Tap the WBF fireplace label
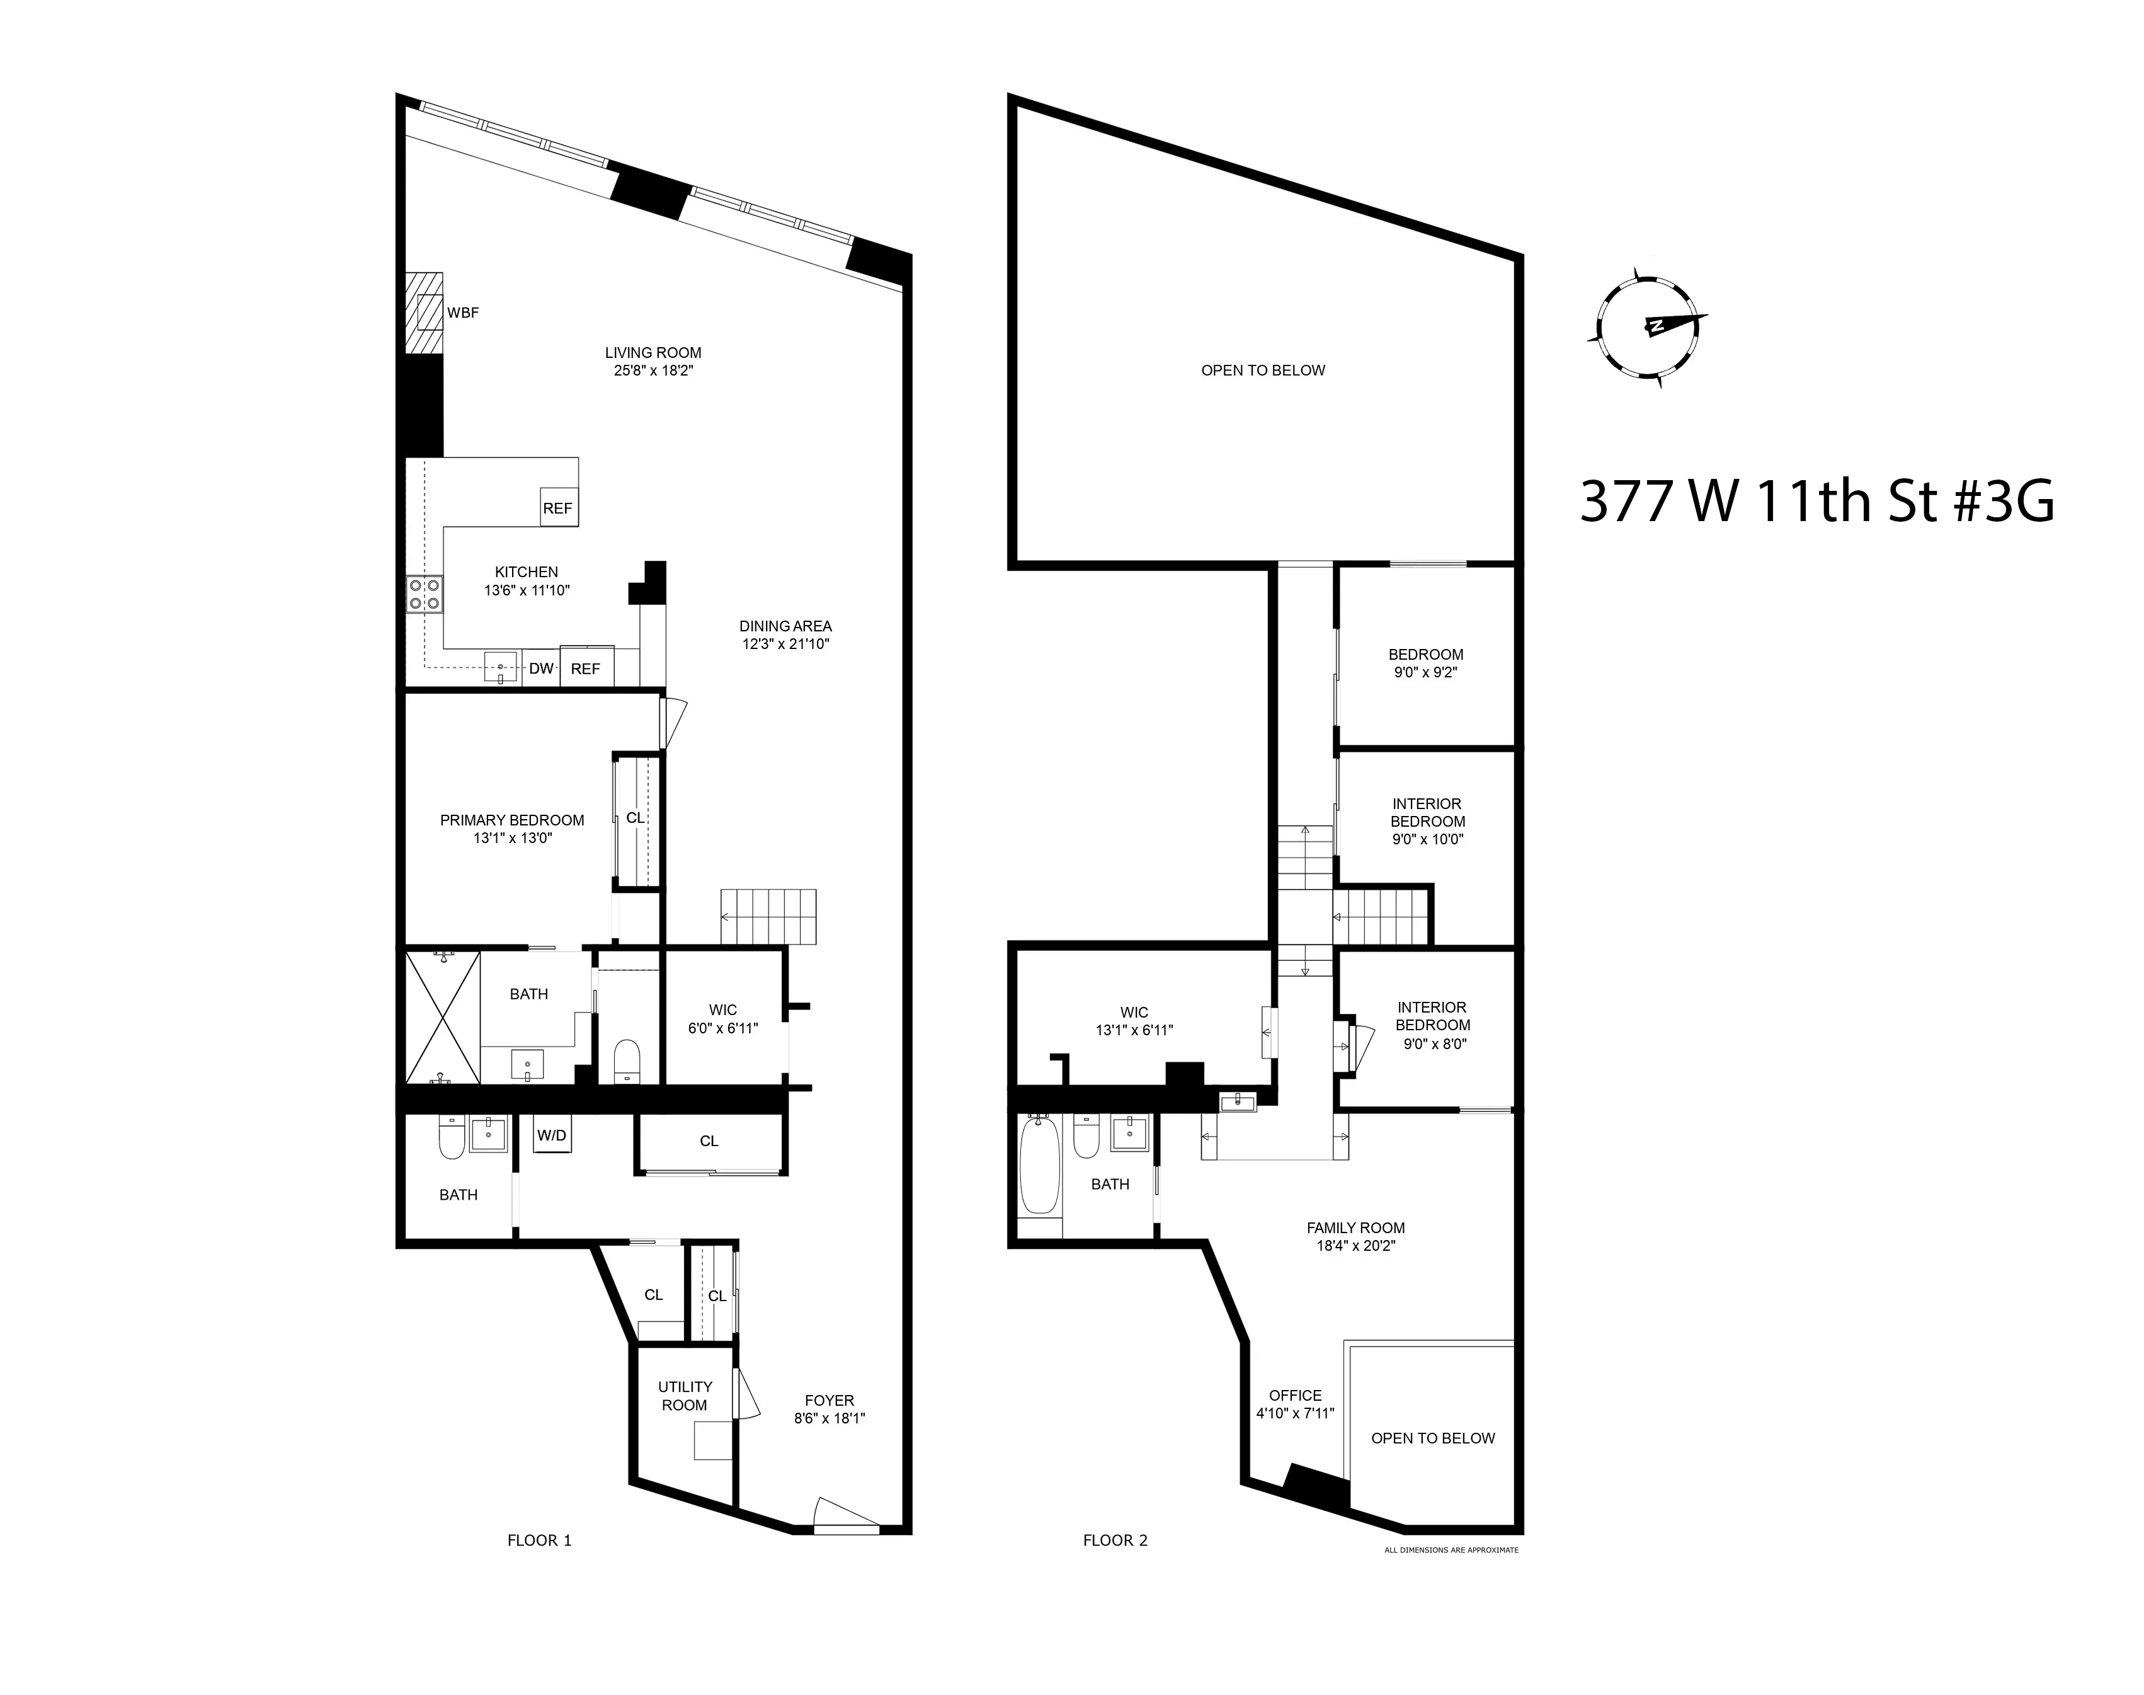click(x=462, y=313)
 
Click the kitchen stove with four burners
click(x=424, y=594)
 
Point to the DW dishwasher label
click(x=540, y=669)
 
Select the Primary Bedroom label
click(x=512, y=820)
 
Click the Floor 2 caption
click(x=1115, y=1540)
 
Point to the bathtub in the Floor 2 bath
click(x=1040, y=1166)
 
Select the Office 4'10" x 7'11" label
click(x=1295, y=1405)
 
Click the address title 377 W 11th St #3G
click(x=1816, y=501)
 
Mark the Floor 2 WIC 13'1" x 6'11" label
click(x=1134, y=1021)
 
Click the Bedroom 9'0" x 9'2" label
click(x=1426, y=663)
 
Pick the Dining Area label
click(x=785, y=626)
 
